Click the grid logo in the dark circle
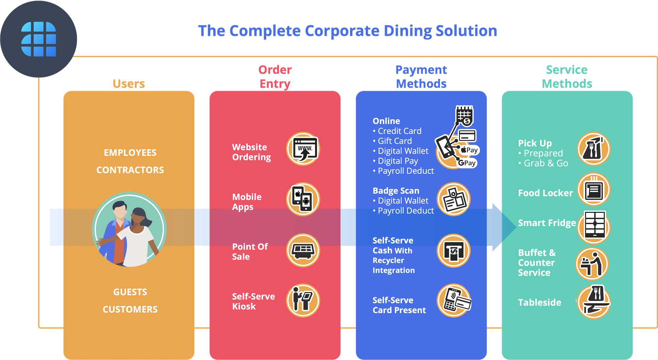pyautogui.click(x=38, y=39)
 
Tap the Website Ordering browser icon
pyautogui.click(x=303, y=149)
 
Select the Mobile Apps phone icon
pyautogui.click(x=303, y=199)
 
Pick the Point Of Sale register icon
pyautogui.click(x=303, y=250)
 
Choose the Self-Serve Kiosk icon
pyautogui.click(x=303, y=300)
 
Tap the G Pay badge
pyautogui.click(x=467, y=163)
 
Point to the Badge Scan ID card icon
pyautogui.click(x=454, y=199)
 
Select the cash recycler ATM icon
pyautogui.click(x=454, y=251)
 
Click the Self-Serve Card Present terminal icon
pyautogui.click(x=454, y=300)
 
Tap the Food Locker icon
pyautogui.click(x=594, y=190)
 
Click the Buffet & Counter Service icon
pyautogui.click(x=592, y=264)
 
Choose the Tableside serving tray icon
pyautogui.click(x=594, y=302)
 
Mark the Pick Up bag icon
pyautogui.click(x=594, y=149)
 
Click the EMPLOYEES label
pyautogui.click(x=130, y=153)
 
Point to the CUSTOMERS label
pyautogui.click(x=130, y=309)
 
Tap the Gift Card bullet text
pyautogui.click(x=394, y=141)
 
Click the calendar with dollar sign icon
pyautogui.click(x=464, y=115)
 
